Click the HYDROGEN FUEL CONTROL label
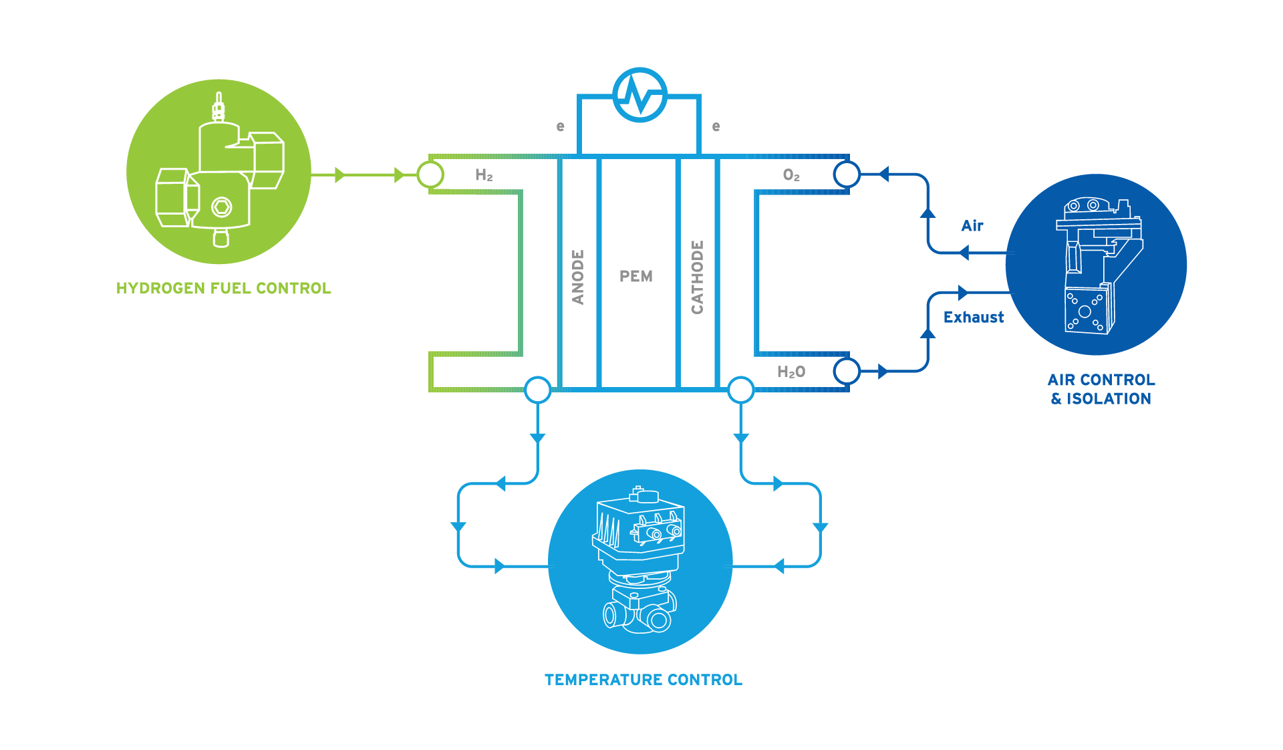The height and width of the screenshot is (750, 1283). coord(223,288)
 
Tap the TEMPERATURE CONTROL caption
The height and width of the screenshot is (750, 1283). coord(643,680)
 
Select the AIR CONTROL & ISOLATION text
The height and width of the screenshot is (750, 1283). coord(1101,389)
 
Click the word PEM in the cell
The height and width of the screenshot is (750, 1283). coord(636,277)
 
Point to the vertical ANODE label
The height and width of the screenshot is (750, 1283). coord(578,277)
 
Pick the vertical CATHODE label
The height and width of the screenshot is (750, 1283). coord(697,277)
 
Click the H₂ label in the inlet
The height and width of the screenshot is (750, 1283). coord(484,175)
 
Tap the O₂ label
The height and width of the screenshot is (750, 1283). coord(791,175)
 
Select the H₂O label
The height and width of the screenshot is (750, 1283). coord(791,372)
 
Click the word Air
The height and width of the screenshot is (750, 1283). coord(972,226)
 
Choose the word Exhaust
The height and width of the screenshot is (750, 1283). coord(974,318)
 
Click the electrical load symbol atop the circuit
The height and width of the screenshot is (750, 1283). coord(640,95)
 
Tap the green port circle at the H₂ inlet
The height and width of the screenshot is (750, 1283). coord(430,175)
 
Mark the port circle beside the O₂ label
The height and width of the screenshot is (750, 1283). coord(847,175)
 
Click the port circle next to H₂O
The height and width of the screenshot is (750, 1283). coord(847,371)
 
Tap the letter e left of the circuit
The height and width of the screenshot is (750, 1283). coord(560,126)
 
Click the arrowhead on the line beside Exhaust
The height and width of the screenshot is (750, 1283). coord(962,293)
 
